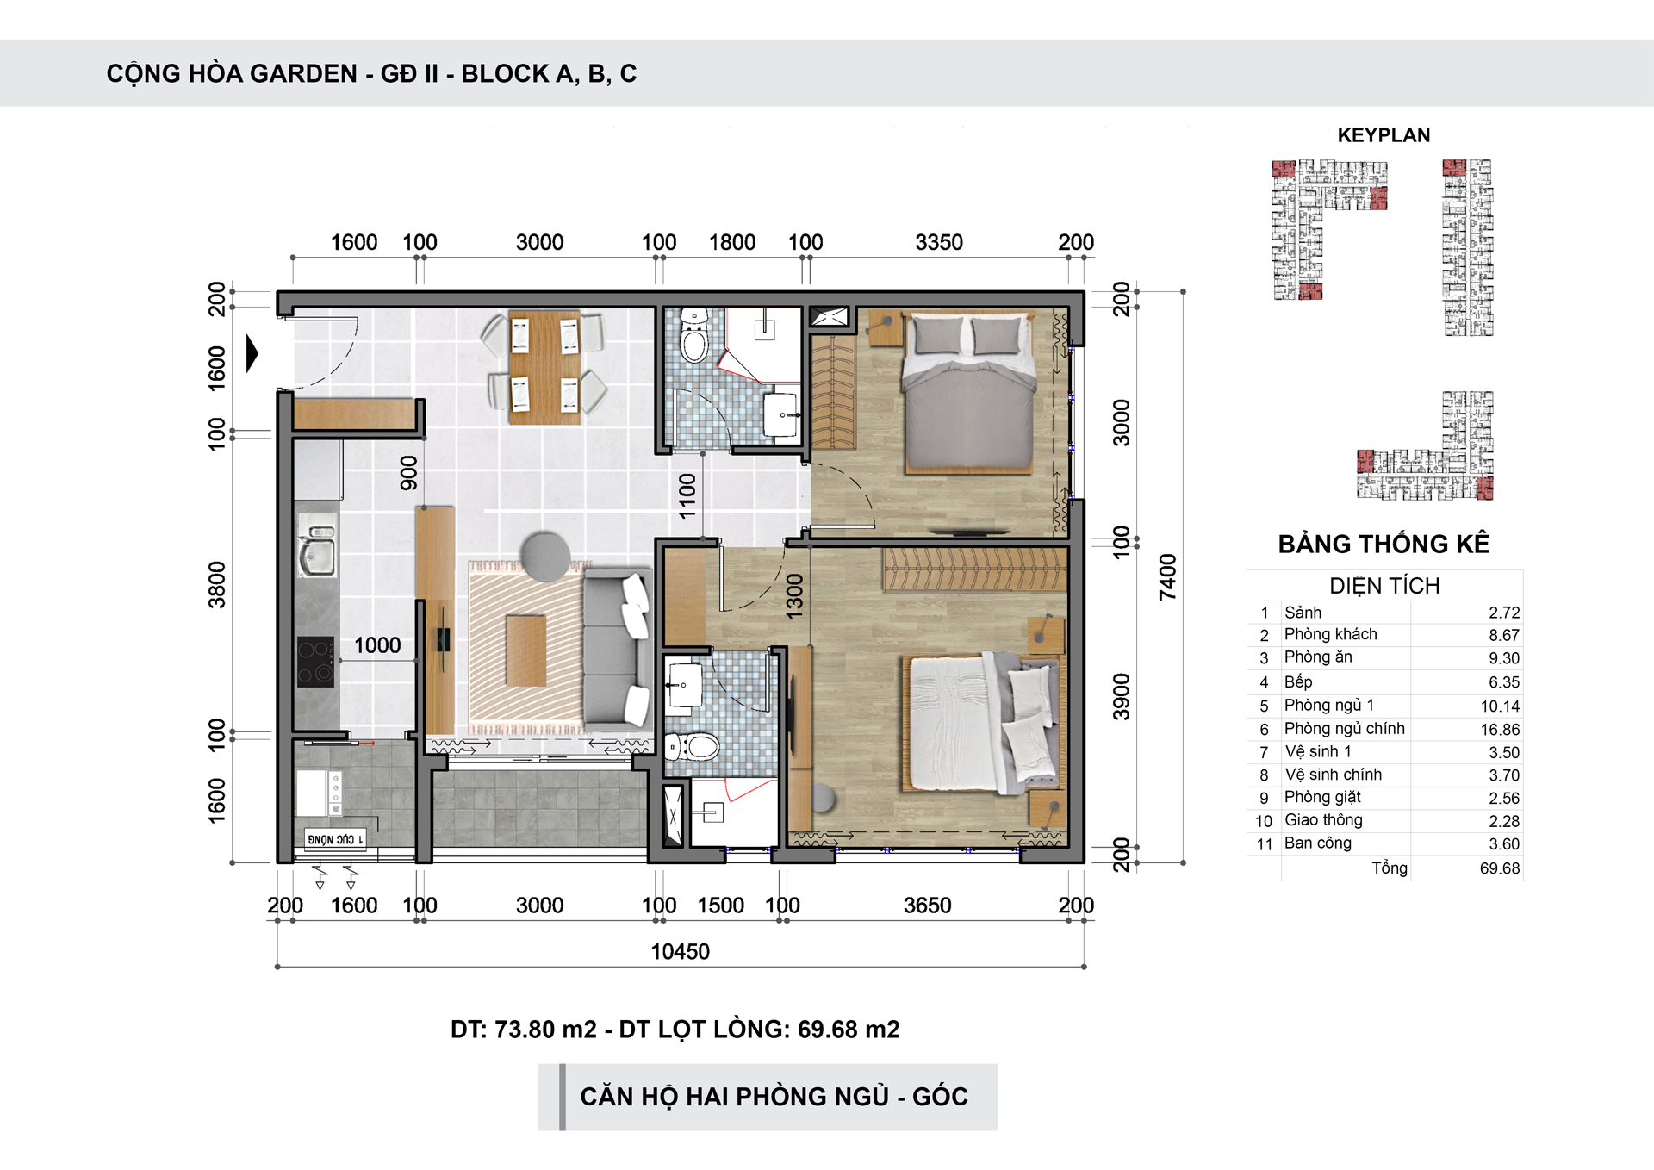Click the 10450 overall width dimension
click(680, 952)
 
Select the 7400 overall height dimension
click(1167, 577)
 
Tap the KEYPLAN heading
click(1384, 135)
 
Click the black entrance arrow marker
click(252, 353)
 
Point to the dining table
click(544, 367)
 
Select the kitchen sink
click(316, 550)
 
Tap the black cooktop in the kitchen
click(315, 662)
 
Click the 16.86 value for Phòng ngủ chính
click(1500, 730)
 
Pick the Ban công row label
click(1318, 843)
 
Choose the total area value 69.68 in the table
click(1500, 868)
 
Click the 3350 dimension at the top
click(939, 243)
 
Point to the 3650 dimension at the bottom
click(928, 906)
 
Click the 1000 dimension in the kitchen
click(377, 645)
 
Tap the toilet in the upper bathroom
click(694, 337)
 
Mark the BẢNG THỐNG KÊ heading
click(1384, 545)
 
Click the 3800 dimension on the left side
click(217, 585)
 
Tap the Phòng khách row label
click(1331, 635)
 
